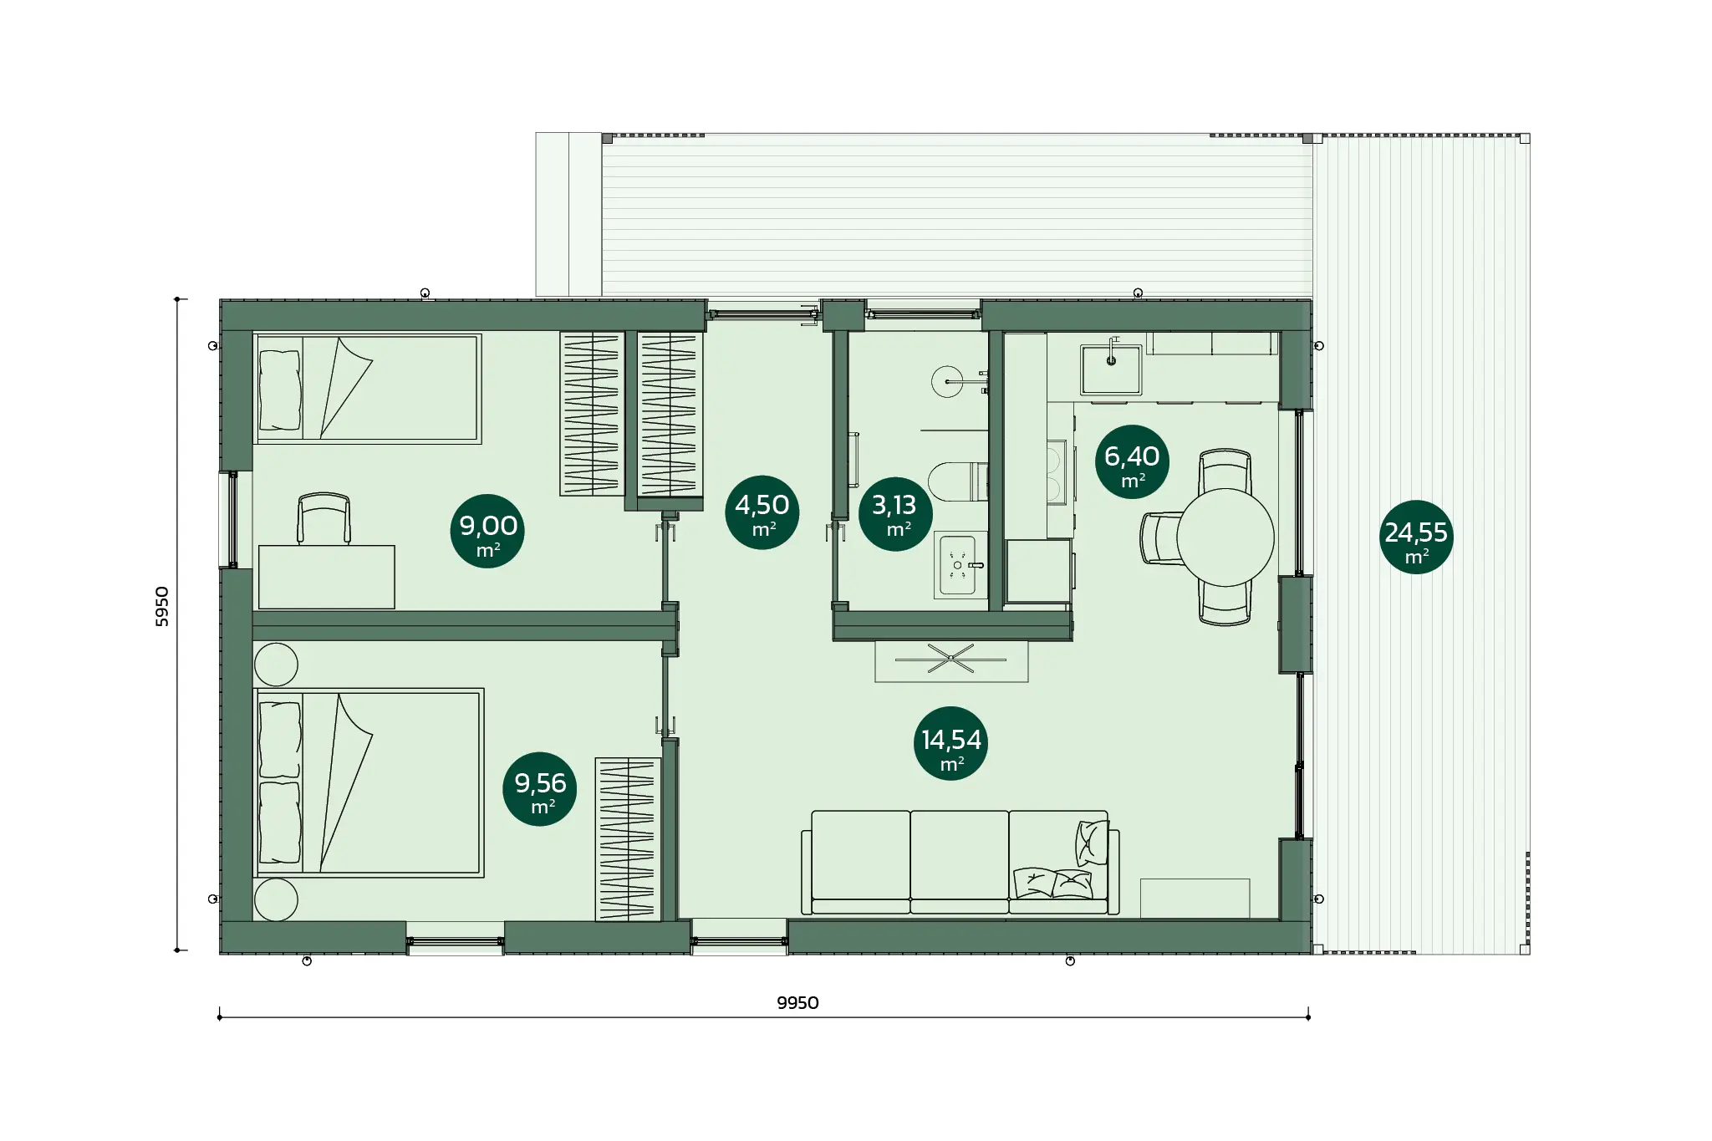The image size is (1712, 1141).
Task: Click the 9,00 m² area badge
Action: click(487, 532)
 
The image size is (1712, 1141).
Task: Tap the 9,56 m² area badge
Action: click(540, 789)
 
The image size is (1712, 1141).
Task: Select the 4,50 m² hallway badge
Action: click(762, 512)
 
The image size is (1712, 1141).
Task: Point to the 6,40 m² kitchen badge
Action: click(1132, 462)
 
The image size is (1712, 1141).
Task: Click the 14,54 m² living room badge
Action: click(951, 744)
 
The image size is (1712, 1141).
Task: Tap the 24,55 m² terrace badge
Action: click(1416, 537)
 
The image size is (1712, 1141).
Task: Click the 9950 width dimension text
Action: click(797, 1003)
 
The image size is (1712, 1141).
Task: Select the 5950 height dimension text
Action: click(162, 607)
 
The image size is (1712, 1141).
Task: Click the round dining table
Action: click(1225, 537)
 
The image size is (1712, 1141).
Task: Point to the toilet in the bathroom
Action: click(958, 481)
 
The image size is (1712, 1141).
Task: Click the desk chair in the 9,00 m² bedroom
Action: click(324, 518)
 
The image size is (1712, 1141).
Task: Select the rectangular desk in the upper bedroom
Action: click(326, 577)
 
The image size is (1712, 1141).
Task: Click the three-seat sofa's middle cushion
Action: click(959, 861)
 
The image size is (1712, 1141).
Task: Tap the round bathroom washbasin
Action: click(947, 382)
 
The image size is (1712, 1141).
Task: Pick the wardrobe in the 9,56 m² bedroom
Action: click(628, 839)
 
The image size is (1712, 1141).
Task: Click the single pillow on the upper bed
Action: click(280, 390)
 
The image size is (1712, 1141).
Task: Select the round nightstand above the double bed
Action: click(276, 665)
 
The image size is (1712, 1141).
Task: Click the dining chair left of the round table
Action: click(1160, 537)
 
